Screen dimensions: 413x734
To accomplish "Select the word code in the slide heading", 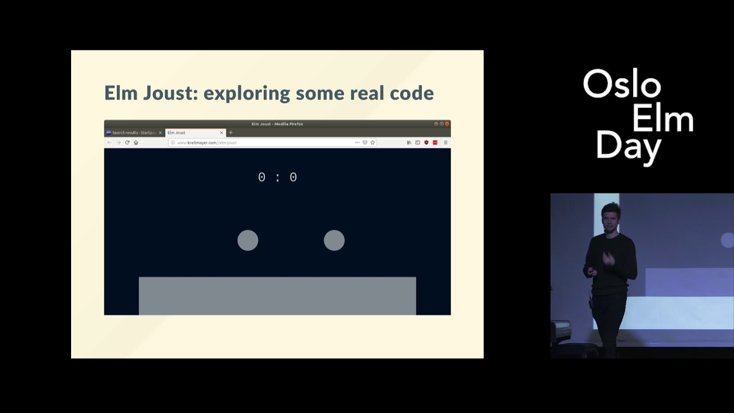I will pos(411,93).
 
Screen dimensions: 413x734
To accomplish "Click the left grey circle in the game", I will pos(248,240).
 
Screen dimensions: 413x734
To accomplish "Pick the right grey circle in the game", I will pos(334,240).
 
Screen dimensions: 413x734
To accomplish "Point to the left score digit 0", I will pos(261,177).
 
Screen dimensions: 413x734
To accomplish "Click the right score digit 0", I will pos(293,177).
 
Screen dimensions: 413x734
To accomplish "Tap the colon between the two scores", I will pos(278,178).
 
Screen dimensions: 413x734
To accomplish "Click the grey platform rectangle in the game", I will pos(277,295).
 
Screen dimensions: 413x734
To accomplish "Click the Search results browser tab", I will pos(133,133).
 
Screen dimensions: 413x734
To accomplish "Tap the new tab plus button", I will pos(231,133).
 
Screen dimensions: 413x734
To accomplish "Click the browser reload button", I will pos(127,142).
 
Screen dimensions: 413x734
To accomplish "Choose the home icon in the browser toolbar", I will pos(136,142).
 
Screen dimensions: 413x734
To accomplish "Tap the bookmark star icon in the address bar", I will pos(372,142).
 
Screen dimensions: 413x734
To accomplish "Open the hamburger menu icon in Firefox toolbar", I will pos(446,142).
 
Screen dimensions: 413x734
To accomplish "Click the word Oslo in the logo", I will pos(622,85).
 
